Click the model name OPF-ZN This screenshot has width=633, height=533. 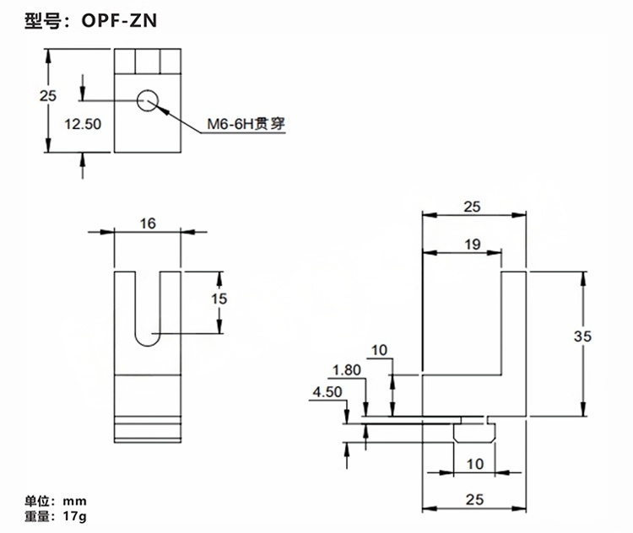click(118, 21)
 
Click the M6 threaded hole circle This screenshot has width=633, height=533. click(148, 100)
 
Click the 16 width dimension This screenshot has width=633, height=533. click(149, 223)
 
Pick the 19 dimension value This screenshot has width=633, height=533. click(472, 245)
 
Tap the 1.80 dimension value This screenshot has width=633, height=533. click(348, 369)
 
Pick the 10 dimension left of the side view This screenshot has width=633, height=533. click(378, 349)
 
